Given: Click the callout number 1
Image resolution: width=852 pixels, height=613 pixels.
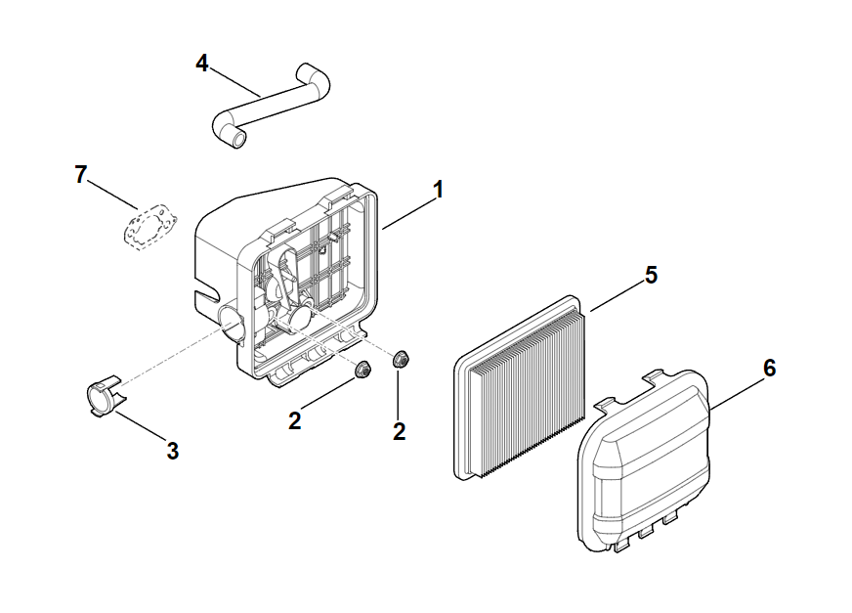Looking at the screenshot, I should tap(439, 189).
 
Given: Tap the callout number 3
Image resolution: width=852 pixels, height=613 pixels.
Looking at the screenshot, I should tap(173, 451).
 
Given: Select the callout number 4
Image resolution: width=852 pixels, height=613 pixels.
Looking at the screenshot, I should tap(202, 64).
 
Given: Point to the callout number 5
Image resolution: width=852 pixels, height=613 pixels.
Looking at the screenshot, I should tap(650, 275).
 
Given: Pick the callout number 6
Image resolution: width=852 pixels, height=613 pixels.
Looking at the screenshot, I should tap(769, 369).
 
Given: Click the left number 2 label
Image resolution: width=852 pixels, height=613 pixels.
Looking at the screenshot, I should tap(294, 421).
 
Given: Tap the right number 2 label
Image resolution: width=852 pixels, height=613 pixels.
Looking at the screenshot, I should tap(399, 430).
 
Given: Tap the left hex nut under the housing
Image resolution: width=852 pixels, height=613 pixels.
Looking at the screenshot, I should tap(363, 370).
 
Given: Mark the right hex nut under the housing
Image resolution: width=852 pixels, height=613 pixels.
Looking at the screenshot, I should tap(400, 359).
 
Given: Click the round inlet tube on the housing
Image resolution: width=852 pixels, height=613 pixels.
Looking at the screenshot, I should tap(232, 322).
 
